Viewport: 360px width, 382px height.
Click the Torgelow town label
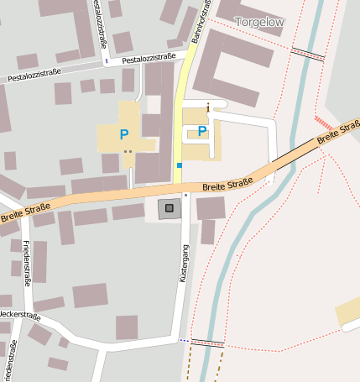click(x=259, y=21)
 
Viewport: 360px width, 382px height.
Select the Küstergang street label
click(x=185, y=263)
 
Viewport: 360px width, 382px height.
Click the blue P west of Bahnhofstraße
click(x=124, y=134)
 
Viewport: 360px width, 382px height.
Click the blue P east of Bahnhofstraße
click(x=202, y=131)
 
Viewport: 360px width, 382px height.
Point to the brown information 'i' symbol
click(x=207, y=107)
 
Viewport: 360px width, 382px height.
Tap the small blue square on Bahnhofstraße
click(x=179, y=165)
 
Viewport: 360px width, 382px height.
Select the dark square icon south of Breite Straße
click(x=169, y=208)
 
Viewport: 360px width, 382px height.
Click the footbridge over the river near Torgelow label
click(x=307, y=55)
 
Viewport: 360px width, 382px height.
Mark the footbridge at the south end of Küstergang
click(x=207, y=343)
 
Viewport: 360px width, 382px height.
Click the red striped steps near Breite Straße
click(x=323, y=123)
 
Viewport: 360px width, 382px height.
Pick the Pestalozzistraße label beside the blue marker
click(x=149, y=58)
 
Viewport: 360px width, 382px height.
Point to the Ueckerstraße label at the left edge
click(x=18, y=316)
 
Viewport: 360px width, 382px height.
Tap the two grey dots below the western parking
click(x=128, y=152)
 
